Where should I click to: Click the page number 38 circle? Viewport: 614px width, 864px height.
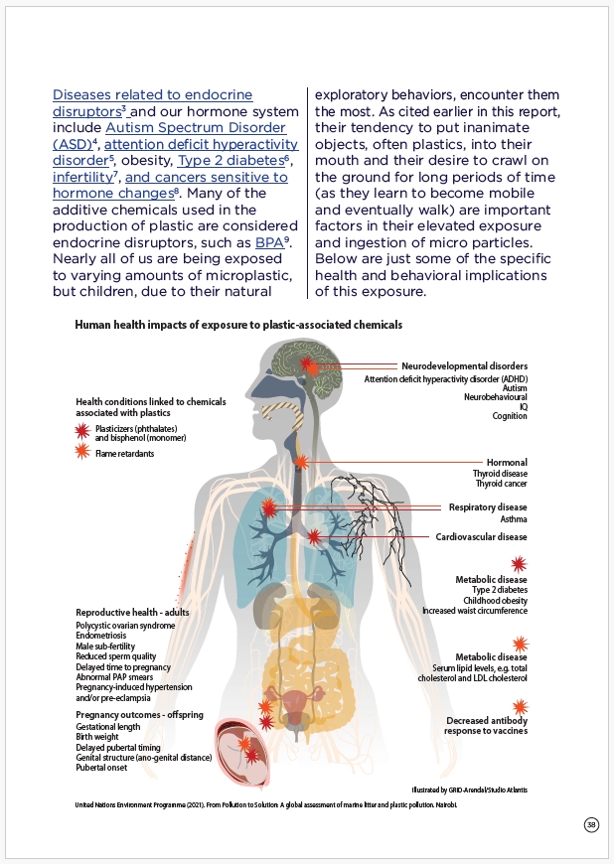(591, 824)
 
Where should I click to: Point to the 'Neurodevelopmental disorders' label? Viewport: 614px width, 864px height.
(464, 365)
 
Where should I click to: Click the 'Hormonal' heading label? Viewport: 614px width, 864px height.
(507, 463)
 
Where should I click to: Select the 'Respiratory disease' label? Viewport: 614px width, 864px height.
(487, 506)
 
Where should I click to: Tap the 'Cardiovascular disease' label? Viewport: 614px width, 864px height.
(481, 536)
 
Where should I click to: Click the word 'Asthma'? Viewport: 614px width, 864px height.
(514, 518)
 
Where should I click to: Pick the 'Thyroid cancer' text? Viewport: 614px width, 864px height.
(500, 486)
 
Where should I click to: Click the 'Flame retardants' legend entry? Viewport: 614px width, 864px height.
(125, 453)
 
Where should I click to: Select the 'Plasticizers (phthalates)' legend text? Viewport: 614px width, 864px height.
(140, 426)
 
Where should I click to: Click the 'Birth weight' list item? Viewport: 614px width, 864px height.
(98, 737)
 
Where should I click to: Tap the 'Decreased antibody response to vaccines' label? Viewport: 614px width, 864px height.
(487, 725)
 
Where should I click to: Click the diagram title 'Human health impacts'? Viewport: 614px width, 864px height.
(238, 324)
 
